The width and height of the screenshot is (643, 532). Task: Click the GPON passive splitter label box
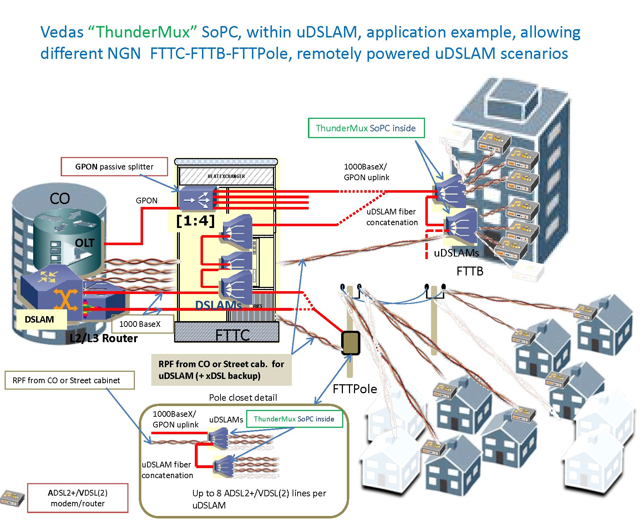tap(114, 167)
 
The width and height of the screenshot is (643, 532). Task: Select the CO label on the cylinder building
tap(60, 199)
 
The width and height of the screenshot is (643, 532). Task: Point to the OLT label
tap(85, 243)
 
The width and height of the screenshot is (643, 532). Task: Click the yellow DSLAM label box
tap(40, 319)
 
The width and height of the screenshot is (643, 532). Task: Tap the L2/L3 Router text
tap(103, 338)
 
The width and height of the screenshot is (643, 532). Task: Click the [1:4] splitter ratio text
tap(196, 221)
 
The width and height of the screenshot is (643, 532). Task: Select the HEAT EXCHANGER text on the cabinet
tap(226, 176)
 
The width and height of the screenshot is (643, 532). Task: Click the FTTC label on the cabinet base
tap(232, 335)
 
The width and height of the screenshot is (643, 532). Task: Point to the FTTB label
tap(470, 272)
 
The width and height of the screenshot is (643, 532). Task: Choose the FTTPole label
tap(355, 389)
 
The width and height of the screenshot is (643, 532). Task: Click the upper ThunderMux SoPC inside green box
tap(366, 128)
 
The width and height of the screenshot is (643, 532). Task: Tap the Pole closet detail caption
tap(243, 397)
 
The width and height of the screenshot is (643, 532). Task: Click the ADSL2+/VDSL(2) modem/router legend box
tap(78, 498)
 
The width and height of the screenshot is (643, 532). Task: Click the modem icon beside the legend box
tap(12, 498)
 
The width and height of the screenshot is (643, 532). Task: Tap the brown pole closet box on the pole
tap(351, 343)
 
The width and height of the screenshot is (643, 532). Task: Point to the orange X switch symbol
tap(65, 299)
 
